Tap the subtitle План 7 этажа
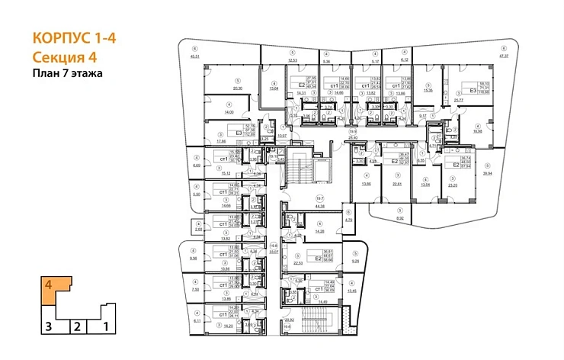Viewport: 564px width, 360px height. [67, 74]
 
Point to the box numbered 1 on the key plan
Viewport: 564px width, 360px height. [106, 327]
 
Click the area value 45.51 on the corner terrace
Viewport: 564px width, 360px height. [194, 56]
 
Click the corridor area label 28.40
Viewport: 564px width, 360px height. [352, 138]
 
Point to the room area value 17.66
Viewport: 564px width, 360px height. [222, 141]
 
